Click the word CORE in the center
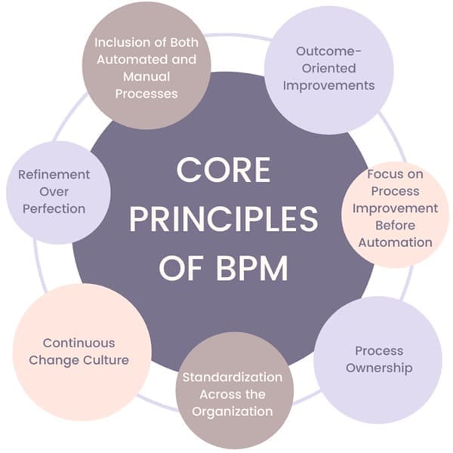click(x=223, y=171)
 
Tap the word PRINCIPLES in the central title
click(x=223, y=219)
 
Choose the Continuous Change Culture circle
click(x=79, y=350)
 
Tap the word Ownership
click(x=378, y=368)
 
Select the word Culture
click(x=104, y=360)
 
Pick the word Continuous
click(x=79, y=342)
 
